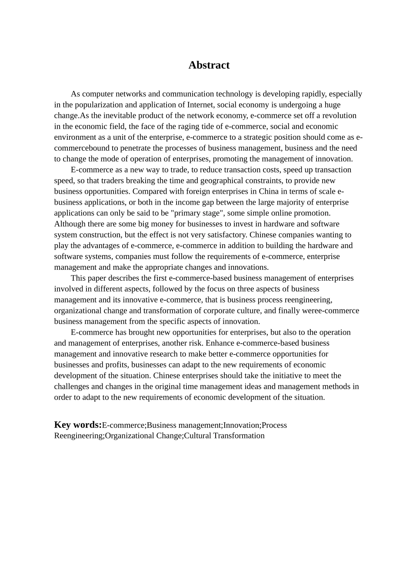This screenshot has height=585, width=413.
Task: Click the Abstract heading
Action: click(x=209, y=65)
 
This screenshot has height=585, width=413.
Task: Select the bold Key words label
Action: click(x=78, y=425)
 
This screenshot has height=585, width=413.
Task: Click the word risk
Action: click(x=196, y=343)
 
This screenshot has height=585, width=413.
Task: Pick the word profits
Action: click(x=116, y=365)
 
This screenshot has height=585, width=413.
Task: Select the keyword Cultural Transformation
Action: click(x=224, y=436)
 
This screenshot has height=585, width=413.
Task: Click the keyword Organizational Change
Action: click(x=143, y=436)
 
